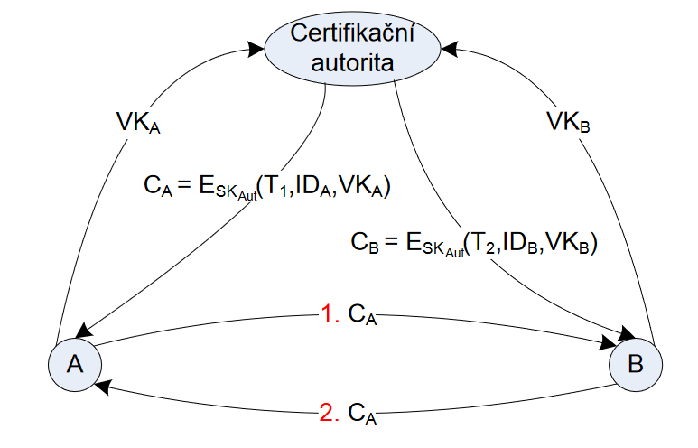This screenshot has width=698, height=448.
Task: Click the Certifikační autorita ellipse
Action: click(351, 49)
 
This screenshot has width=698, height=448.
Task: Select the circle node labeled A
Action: click(75, 363)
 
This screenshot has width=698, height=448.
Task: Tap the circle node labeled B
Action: click(635, 365)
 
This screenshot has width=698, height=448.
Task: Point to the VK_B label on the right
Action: click(569, 121)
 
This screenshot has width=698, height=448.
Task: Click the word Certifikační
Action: click(351, 35)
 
